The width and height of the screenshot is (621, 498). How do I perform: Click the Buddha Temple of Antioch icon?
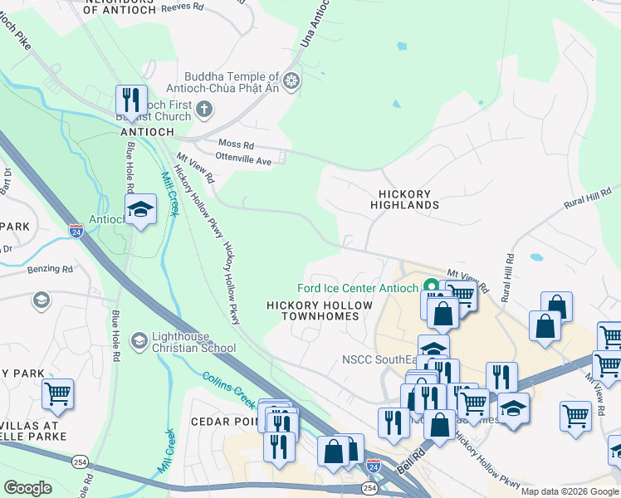tap(291, 81)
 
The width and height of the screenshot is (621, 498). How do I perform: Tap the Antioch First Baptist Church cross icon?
tap(204, 108)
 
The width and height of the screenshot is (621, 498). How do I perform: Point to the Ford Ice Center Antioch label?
tap(358, 289)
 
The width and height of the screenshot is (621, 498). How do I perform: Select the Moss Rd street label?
tap(235, 144)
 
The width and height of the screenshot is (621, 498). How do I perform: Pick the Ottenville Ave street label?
tap(243, 160)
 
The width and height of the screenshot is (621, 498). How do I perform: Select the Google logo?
tap(27, 488)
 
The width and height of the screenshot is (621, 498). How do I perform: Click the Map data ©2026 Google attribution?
tap(570, 491)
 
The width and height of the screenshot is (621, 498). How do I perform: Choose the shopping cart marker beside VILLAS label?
tap(57, 395)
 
